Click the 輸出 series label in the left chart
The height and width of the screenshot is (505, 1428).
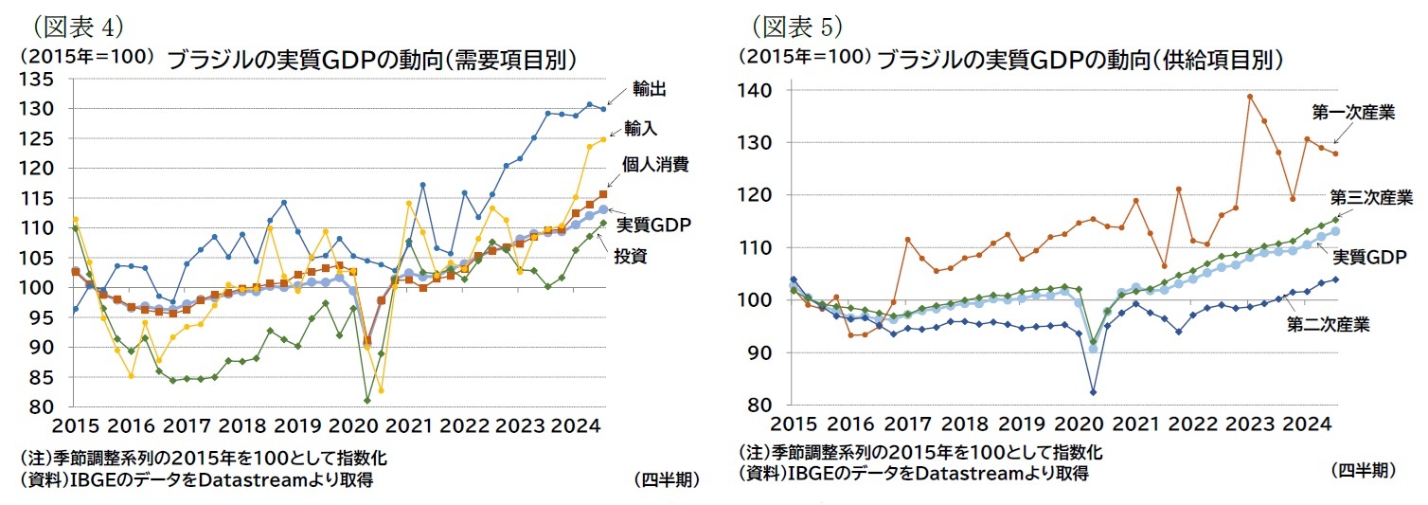[650, 89]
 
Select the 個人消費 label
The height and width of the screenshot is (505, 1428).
[653, 164]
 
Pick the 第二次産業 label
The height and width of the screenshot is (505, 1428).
[1329, 325]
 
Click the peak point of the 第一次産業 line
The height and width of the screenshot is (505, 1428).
[1250, 96]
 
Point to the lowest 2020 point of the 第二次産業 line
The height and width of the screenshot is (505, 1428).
[1093, 392]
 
